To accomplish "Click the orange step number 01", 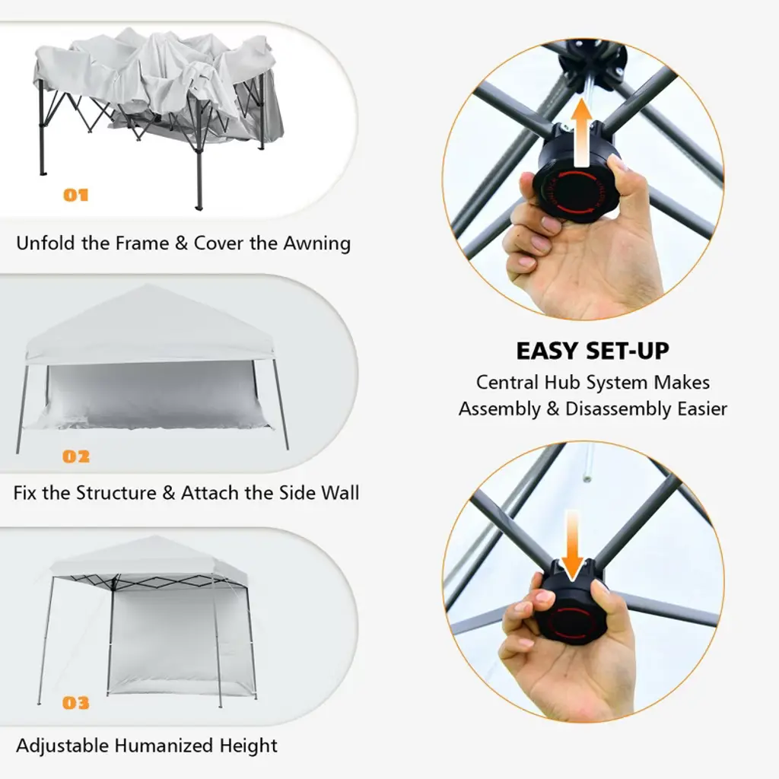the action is click(76, 195).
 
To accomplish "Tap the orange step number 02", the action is click(76, 456).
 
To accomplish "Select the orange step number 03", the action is click(76, 702).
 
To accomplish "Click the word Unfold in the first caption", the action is click(46, 243).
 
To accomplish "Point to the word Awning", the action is click(317, 243).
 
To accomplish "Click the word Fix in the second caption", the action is click(25, 493).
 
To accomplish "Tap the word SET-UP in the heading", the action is click(628, 351).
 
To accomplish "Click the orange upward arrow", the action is click(581, 132).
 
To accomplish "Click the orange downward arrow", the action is click(572, 545).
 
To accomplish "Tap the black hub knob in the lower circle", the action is click(571, 609).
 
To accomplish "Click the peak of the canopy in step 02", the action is click(148, 285).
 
